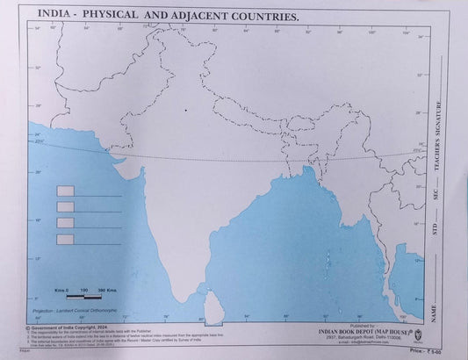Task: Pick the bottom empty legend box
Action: [65, 239]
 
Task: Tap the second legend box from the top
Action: [65, 207]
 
